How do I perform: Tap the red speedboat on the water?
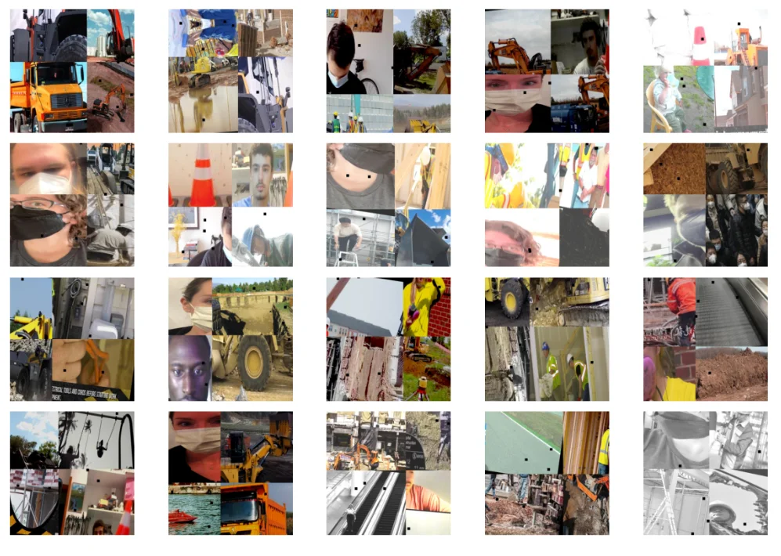pos(183,518)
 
